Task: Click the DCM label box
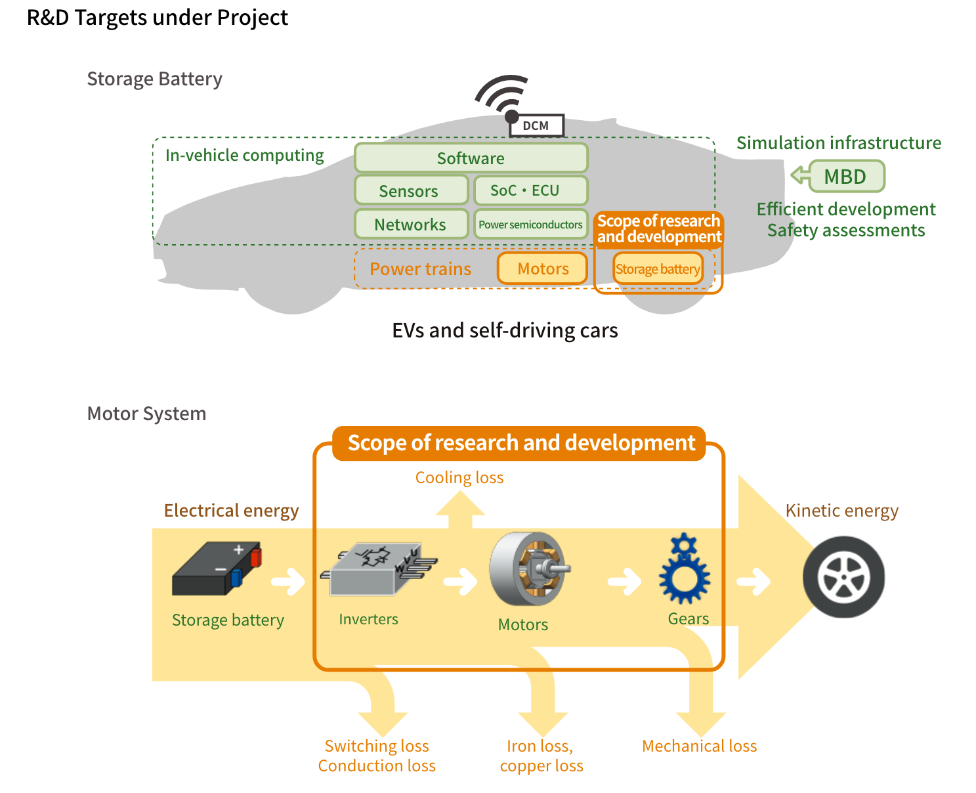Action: point(536,125)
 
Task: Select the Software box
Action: point(471,158)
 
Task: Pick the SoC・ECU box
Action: point(530,190)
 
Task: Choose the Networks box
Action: point(411,225)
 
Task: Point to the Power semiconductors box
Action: point(530,225)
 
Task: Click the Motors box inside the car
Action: point(542,268)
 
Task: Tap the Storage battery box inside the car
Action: point(658,269)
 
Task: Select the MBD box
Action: point(847,177)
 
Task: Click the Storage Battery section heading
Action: point(154,79)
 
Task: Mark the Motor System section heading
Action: point(146,414)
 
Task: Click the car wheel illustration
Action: point(844,578)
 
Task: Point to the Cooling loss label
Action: point(459,478)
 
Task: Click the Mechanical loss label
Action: point(700,746)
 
